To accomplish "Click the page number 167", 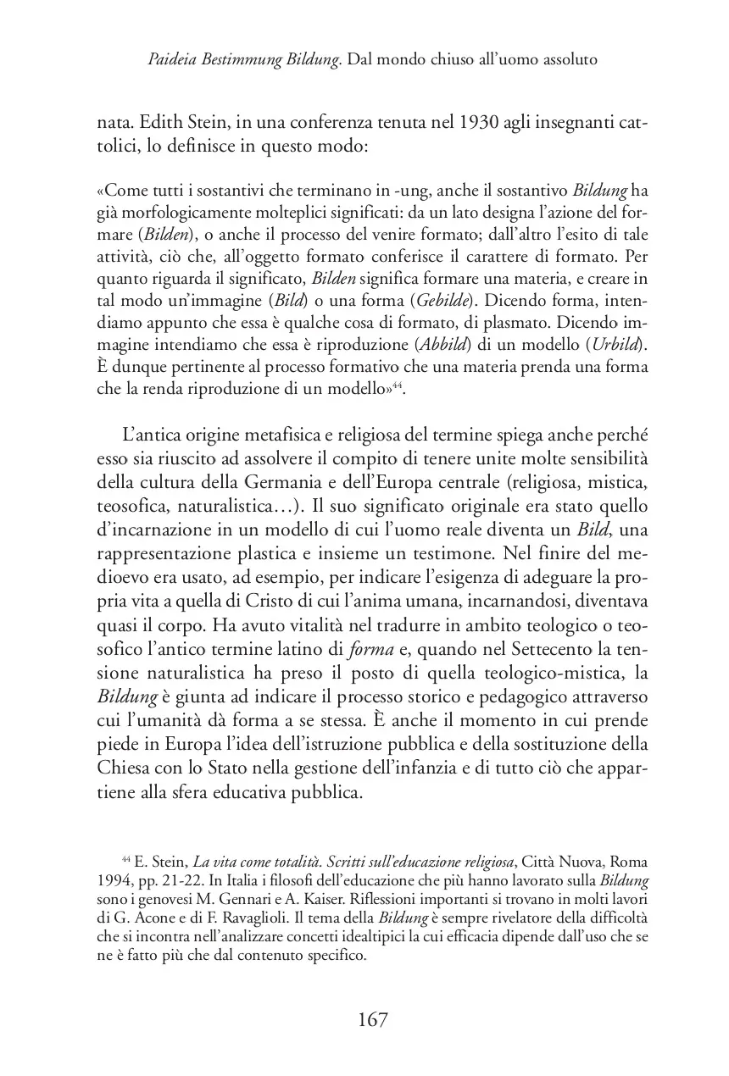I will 365,1019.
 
